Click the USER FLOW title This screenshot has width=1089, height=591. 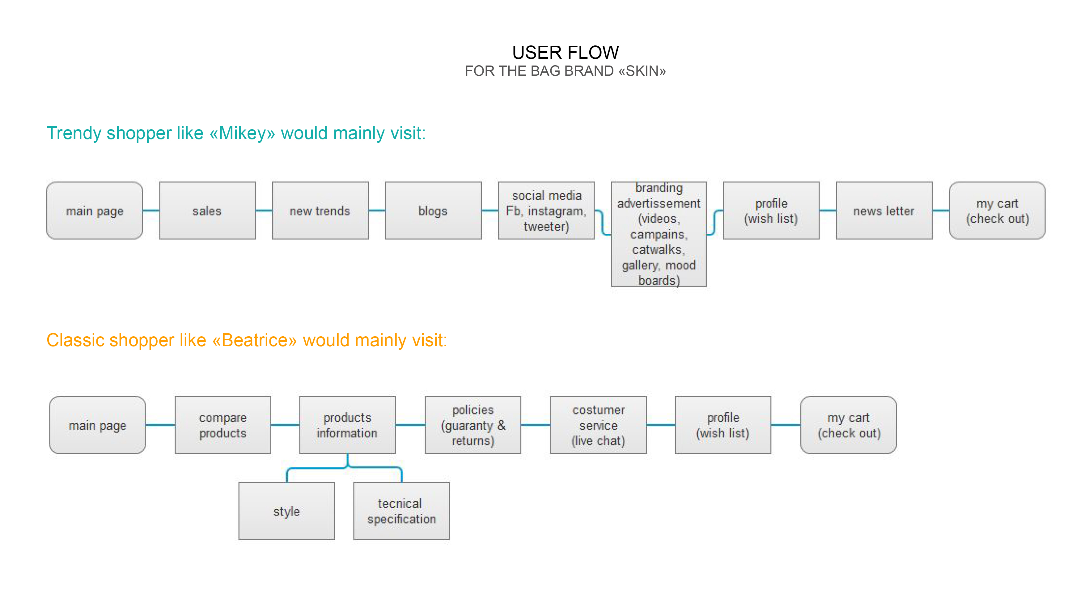point(565,53)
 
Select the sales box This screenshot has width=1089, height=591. point(207,210)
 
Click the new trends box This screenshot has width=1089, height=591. point(320,210)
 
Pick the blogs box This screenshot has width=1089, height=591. point(433,210)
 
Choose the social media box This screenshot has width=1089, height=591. point(546,210)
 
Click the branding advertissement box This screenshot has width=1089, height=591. point(659,234)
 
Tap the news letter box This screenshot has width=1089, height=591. point(884,210)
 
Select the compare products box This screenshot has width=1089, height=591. point(223,425)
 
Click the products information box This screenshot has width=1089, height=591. point(347,425)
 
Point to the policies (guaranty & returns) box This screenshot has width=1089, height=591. point(472,425)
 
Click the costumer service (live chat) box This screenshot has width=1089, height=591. point(598,425)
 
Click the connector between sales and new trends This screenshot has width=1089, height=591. point(264,210)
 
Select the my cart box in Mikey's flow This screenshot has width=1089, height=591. point(997,210)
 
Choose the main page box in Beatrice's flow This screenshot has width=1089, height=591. point(97,425)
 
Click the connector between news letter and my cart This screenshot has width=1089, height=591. point(941,210)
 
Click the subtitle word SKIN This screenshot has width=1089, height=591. point(642,71)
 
